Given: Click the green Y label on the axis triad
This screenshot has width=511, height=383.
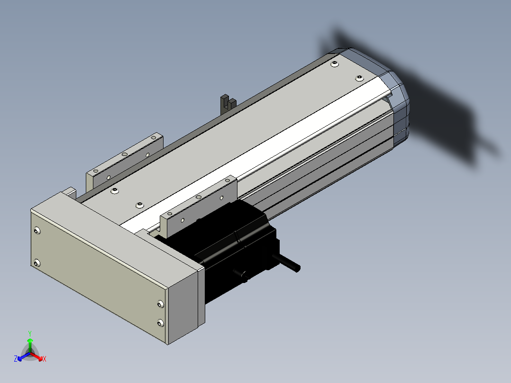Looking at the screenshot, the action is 30,333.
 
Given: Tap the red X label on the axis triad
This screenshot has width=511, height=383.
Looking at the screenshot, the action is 45,359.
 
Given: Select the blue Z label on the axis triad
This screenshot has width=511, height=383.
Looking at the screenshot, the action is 16,358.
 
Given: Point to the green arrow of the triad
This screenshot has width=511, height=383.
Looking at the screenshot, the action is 30,345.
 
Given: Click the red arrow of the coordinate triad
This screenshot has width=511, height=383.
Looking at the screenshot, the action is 36,356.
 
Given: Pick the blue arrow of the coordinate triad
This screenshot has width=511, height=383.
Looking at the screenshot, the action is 24,356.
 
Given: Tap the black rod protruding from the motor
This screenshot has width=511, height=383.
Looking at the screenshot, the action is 287,263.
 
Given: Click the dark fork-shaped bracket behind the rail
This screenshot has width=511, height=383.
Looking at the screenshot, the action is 228,104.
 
